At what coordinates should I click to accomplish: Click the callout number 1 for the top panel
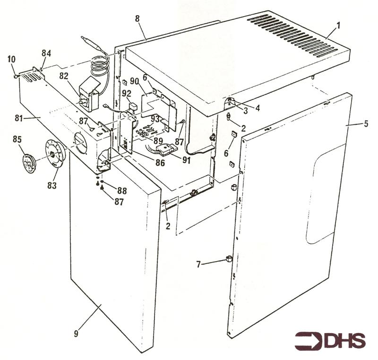(338, 26)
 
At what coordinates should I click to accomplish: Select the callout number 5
(366, 124)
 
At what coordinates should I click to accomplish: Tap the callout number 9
(76, 334)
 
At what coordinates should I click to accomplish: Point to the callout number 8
(137, 18)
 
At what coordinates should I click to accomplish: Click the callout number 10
(11, 59)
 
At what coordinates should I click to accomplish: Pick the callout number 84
(46, 53)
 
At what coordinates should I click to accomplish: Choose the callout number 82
(64, 76)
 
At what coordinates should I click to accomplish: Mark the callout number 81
(19, 118)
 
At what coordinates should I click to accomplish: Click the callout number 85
(17, 140)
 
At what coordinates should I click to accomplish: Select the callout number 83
(52, 185)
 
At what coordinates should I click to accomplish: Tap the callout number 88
(122, 191)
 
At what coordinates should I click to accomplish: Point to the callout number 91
(186, 160)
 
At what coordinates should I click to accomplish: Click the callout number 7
(198, 265)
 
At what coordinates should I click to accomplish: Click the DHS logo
(330, 341)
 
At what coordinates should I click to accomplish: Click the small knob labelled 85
(29, 164)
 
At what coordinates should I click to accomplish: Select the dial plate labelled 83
(55, 154)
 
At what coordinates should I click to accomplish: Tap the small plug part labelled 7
(229, 259)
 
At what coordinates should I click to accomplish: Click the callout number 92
(126, 93)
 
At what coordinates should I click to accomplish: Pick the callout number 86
(160, 162)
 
